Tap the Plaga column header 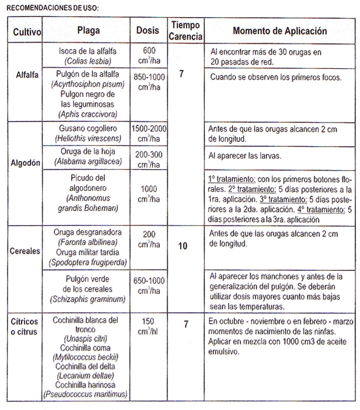[88, 30]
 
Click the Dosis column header [148, 30]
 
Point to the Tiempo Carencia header [185, 30]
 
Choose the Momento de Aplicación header [280, 30]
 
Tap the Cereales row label [25, 251]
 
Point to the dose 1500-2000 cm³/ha [148, 132]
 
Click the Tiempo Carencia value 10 [183, 247]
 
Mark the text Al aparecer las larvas [245, 155]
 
